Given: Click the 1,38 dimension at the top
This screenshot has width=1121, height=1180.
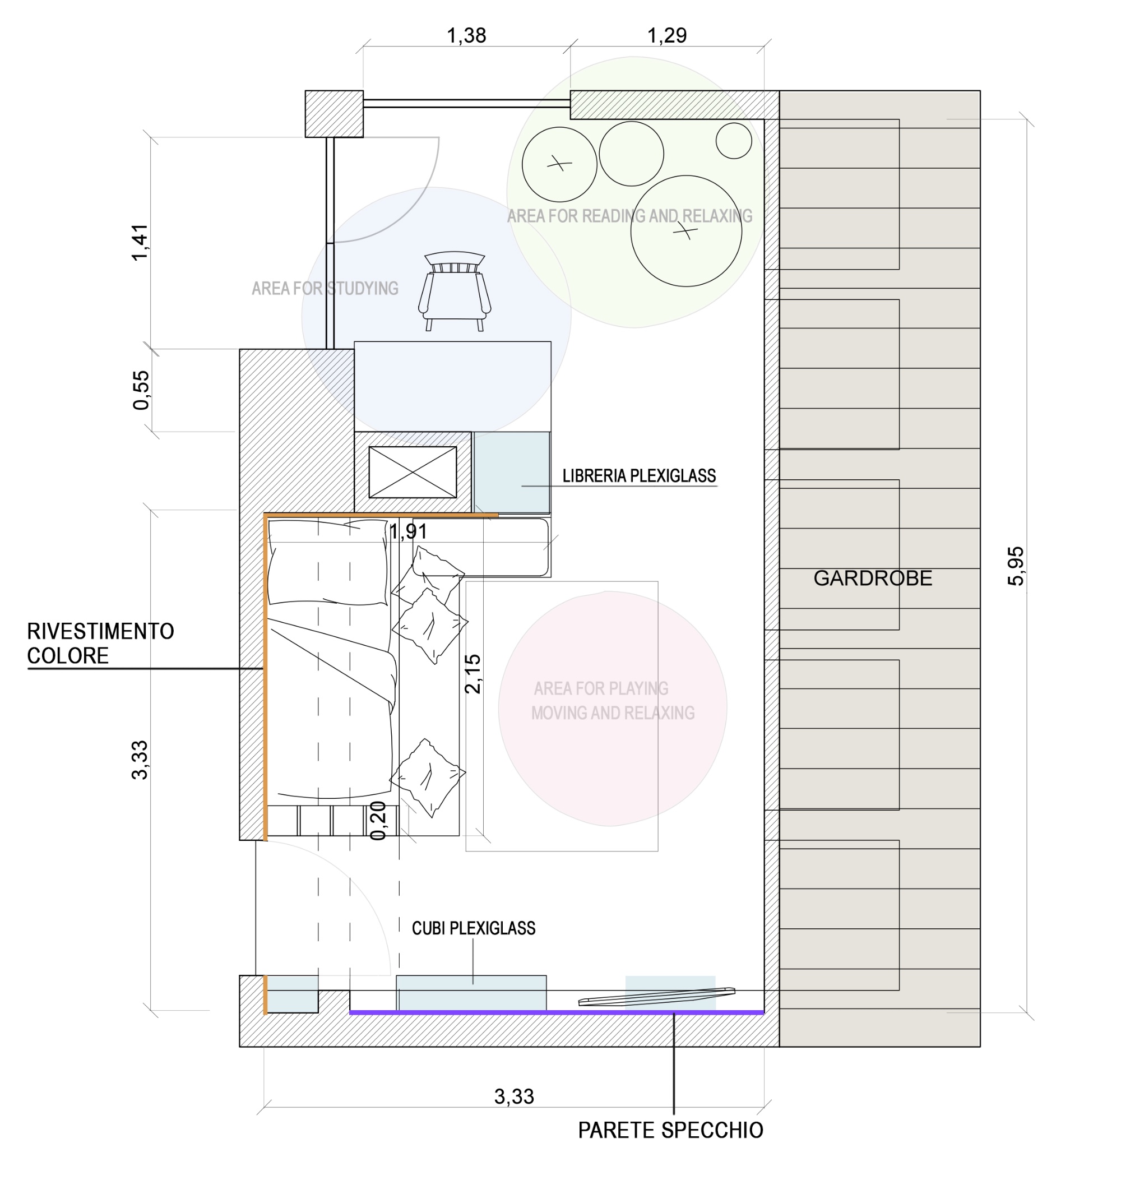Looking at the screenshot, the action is coord(466,36).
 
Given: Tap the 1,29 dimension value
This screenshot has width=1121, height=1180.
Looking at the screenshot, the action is coord(667,36).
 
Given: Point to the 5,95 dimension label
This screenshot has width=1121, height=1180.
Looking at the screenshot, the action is coord(1016,566).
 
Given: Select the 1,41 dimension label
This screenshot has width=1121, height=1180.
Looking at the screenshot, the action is coord(139,242).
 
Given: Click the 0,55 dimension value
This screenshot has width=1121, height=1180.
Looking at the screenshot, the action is coord(141,390).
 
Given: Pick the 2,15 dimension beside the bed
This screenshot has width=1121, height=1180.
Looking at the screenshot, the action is coord(472,673).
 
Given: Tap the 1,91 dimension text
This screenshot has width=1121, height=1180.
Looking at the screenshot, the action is coord(408,531).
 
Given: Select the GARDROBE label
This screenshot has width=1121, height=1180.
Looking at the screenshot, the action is coord(873,579).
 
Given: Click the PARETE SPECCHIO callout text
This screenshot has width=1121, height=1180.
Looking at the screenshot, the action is coord(670,1131).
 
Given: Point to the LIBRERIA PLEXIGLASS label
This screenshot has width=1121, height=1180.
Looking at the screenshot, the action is coord(639,475).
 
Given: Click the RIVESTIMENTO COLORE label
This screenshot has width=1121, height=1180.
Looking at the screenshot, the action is coord(100,644).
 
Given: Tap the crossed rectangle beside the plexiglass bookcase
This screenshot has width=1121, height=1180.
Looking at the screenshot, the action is coord(413,472).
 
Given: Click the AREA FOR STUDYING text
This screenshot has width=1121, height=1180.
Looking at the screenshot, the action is coord(325,289).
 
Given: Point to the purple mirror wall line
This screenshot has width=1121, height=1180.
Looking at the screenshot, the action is coord(557,1013).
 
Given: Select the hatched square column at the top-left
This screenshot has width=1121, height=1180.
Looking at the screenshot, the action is coord(334,114).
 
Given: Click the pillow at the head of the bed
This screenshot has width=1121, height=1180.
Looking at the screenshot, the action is coord(328,562).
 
